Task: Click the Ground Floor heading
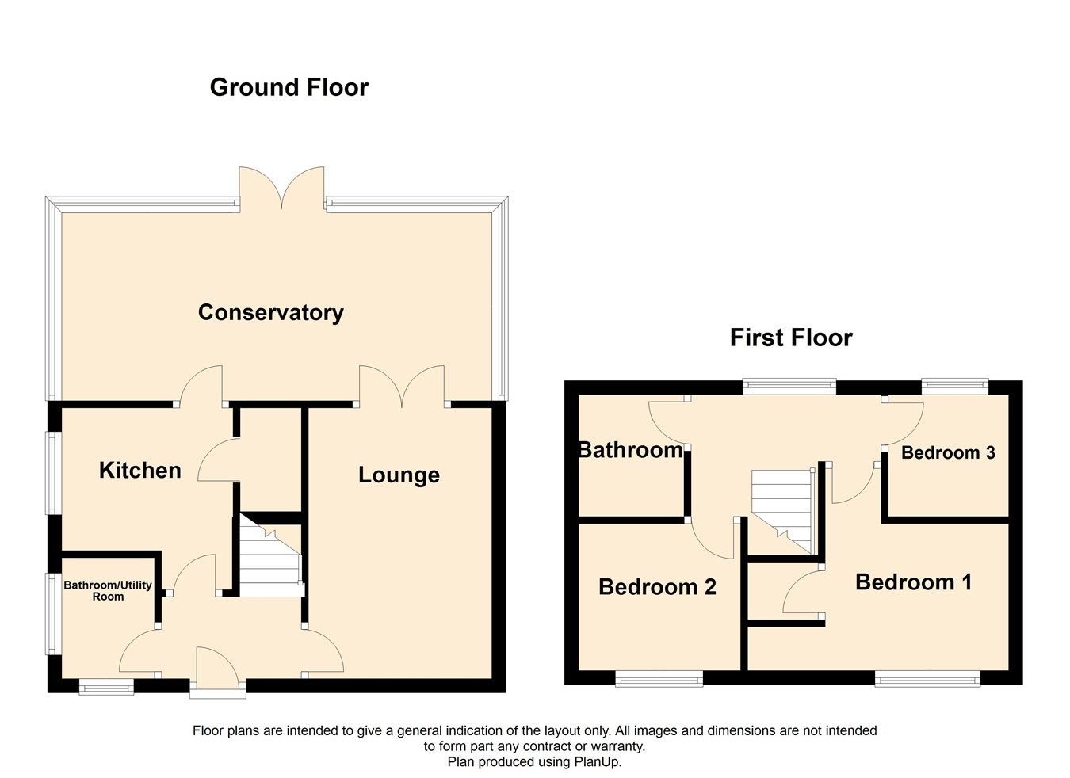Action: pyautogui.click(x=289, y=87)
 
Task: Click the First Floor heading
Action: pyautogui.click(x=790, y=338)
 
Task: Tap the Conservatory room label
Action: pyautogui.click(x=270, y=312)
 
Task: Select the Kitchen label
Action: pyautogui.click(x=139, y=471)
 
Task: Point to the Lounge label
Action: pyautogui.click(x=399, y=475)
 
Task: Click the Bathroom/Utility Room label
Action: pyautogui.click(x=108, y=591)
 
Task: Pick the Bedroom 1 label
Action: pyautogui.click(x=913, y=582)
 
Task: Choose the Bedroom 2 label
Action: pyautogui.click(x=657, y=587)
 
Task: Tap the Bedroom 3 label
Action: pyautogui.click(x=948, y=453)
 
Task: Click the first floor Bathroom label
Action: pyautogui.click(x=630, y=450)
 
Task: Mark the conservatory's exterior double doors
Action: pyautogui.click(x=282, y=190)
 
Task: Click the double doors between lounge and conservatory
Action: pyautogui.click(x=402, y=387)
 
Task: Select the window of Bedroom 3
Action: pyautogui.click(x=954, y=387)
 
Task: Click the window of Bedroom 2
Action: pyautogui.click(x=659, y=678)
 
